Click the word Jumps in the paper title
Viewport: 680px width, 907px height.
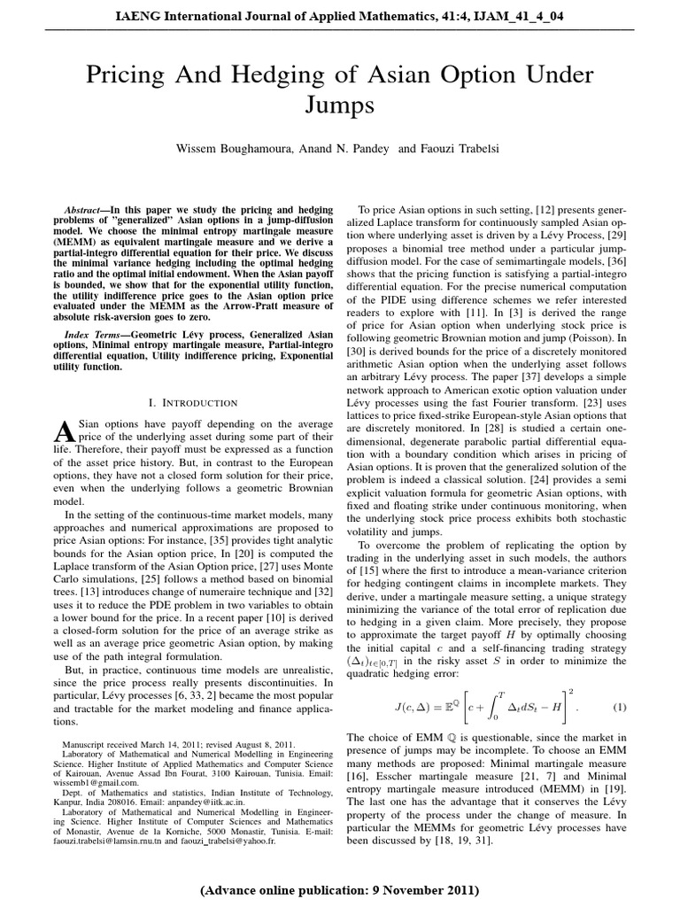point(340,105)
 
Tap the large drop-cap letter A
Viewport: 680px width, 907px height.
point(62,430)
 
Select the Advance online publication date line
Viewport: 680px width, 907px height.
point(340,888)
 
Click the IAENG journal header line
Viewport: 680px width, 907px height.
point(340,14)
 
